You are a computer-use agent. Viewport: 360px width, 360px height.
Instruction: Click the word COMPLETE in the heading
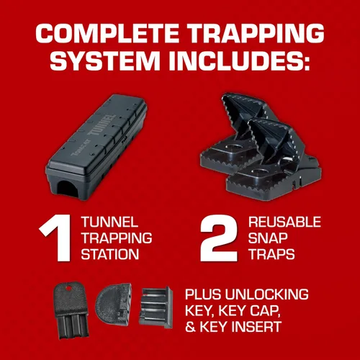click(107, 33)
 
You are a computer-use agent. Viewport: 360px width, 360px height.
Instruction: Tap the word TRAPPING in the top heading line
click(256, 33)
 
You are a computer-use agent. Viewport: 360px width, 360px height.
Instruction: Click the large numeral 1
click(56, 238)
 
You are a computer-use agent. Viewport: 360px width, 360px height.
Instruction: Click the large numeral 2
click(219, 238)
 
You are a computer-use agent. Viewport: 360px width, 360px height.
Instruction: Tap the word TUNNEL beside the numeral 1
click(109, 222)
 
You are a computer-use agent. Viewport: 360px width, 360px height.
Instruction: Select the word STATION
click(110, 254)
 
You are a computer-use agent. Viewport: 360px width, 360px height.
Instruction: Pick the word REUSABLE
click(284, 222)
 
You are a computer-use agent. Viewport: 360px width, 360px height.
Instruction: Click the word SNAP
click(268, 238)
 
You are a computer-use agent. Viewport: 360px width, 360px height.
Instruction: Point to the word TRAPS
click(271, 254)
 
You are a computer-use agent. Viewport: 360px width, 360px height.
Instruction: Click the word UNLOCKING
click(267, 294)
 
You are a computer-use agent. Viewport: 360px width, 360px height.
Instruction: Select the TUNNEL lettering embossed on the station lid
click(102, 125)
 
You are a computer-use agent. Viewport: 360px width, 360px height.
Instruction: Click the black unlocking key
click(72, 310)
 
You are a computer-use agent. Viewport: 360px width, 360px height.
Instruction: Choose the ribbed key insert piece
click(156, 307)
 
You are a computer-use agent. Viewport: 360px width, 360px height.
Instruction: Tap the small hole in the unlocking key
click(69, 287)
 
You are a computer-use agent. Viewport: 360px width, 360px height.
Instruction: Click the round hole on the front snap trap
click(261, 171)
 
